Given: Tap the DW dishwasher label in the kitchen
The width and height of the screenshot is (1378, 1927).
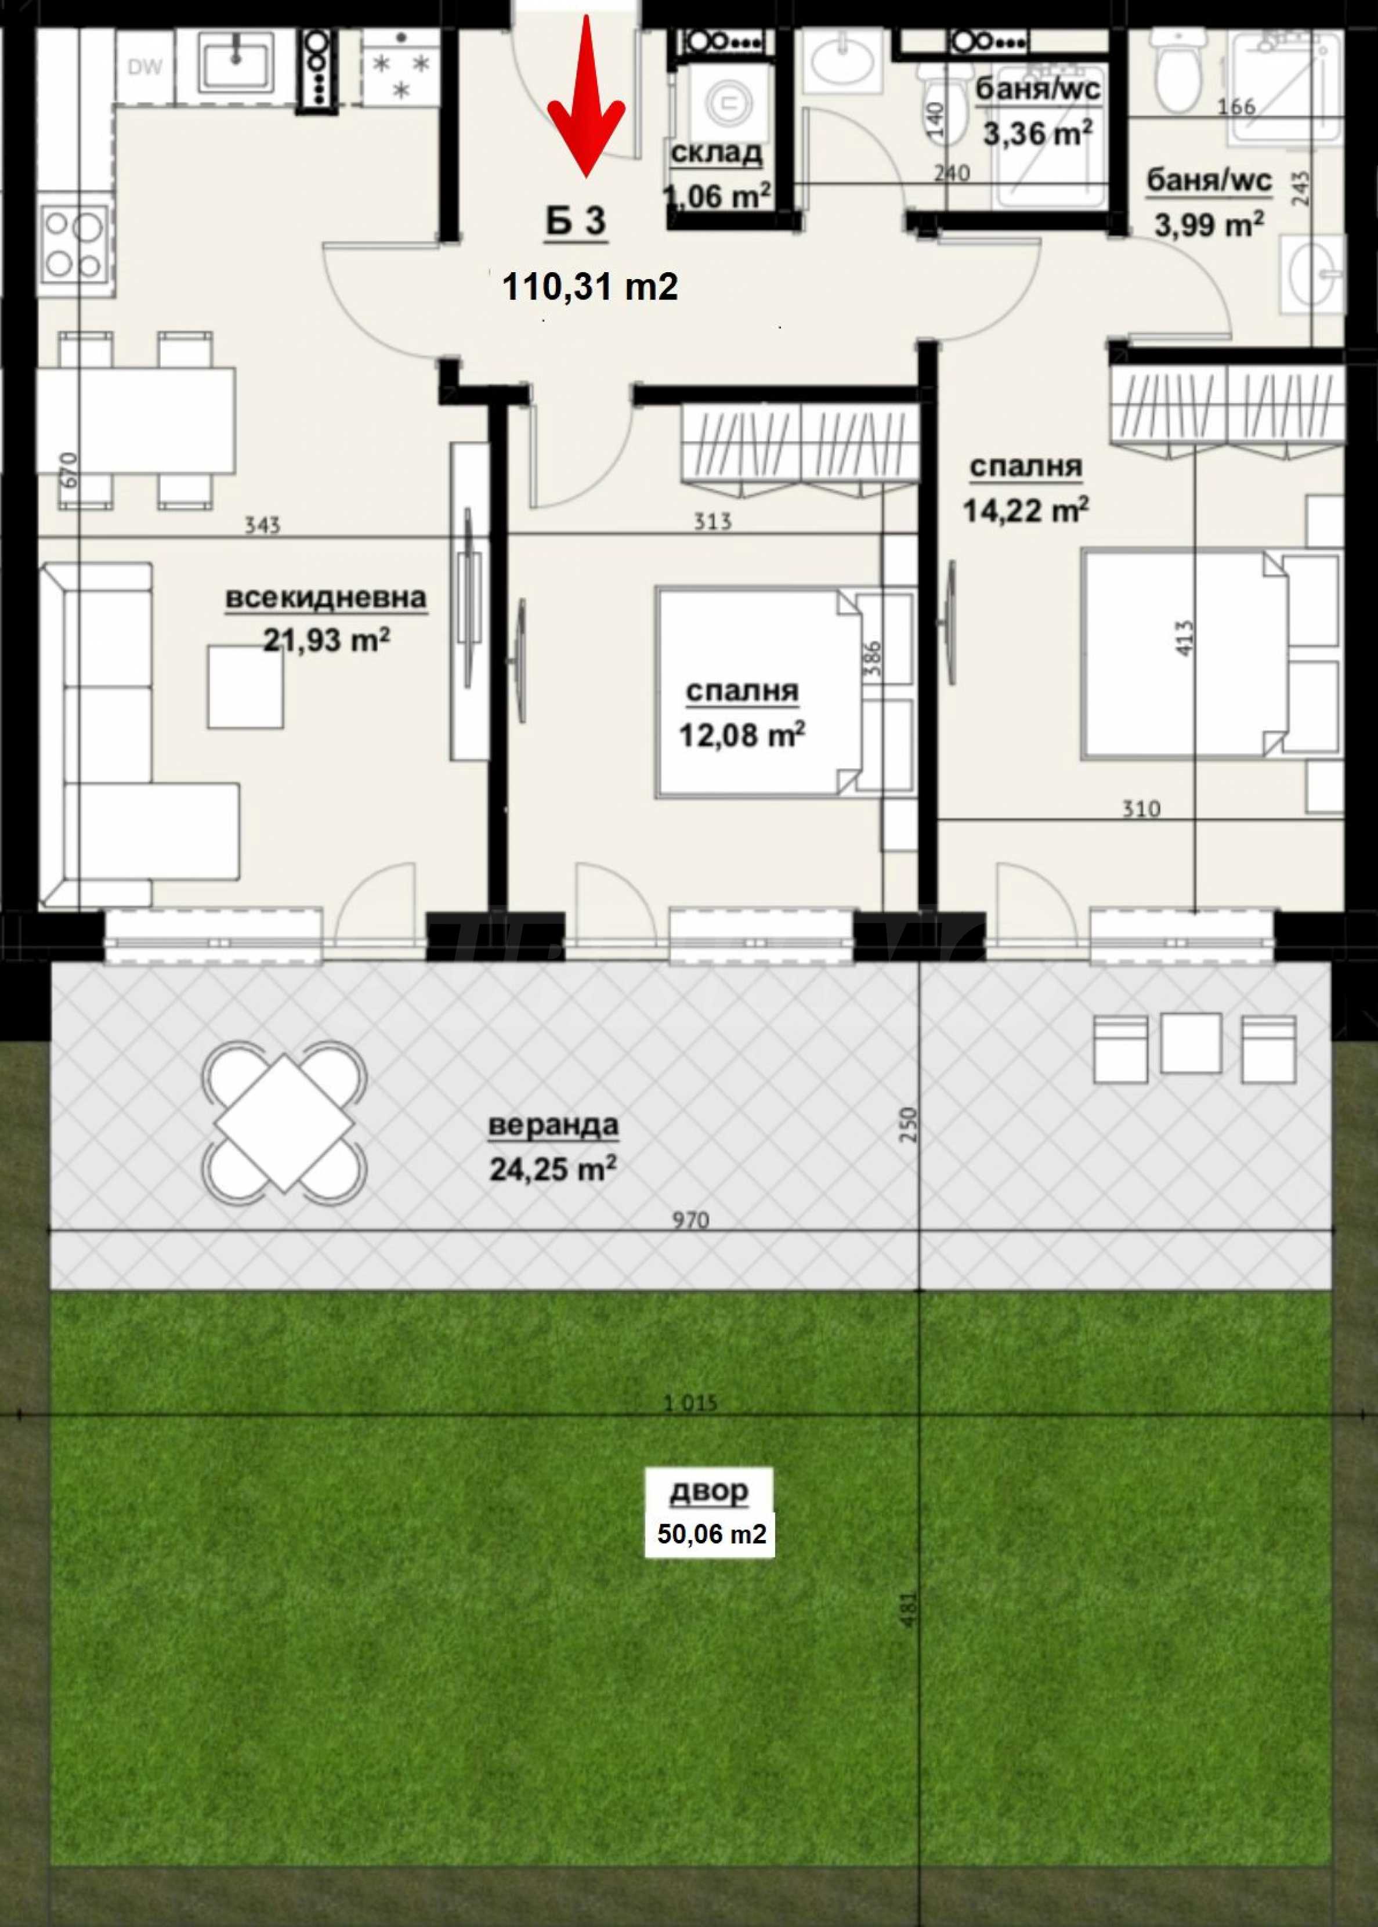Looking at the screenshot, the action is click(144, 68).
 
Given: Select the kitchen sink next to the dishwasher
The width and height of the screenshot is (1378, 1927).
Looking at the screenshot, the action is click(236, 62).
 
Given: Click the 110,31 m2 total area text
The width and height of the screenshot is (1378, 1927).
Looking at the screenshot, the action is click(589, 287).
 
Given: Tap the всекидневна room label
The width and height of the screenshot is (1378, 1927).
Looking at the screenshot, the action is click(326, 597).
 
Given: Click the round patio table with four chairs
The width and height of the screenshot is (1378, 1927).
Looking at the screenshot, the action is click(284, 1123).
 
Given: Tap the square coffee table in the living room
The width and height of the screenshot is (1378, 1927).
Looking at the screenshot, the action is click(245, 686).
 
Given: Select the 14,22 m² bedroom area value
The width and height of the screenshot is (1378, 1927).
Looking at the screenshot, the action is click(1026, 511).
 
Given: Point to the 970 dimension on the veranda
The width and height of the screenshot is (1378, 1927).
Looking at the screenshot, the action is click(690, 1220).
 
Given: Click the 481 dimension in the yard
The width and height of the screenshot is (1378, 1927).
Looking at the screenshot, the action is click(908, 1609).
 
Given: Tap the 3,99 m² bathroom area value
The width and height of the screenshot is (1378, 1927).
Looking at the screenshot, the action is click(1209, 225).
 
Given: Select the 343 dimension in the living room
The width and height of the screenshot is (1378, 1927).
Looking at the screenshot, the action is click(262, 525).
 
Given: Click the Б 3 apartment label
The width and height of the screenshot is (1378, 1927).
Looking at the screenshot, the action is click(576, 222).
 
